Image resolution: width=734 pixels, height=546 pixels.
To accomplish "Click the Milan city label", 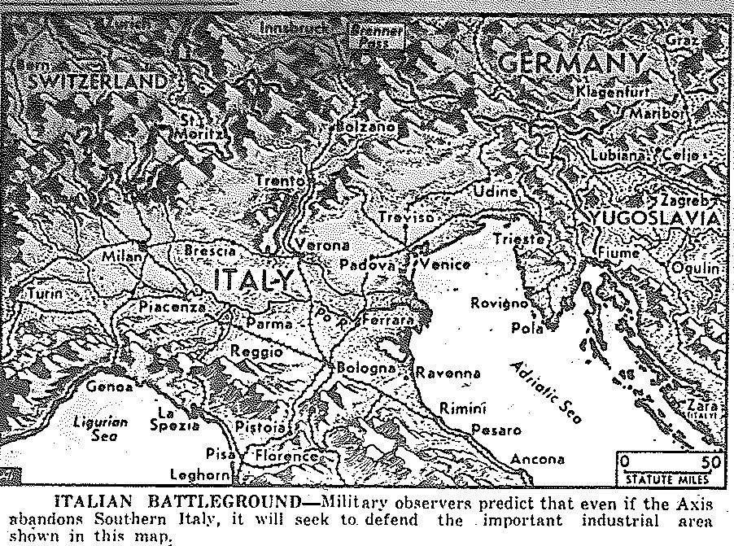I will click(124, 257).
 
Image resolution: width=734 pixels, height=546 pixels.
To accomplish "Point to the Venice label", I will click(445, 265).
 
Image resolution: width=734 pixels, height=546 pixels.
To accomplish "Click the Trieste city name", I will click(518, 239).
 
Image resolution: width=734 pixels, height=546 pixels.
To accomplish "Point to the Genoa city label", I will click(109, 387).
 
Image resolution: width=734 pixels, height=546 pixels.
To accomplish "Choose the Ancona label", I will click(537, 459).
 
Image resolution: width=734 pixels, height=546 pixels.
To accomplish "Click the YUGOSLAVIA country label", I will click(656, 219).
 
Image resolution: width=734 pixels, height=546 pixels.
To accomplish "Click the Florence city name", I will click(286, 456).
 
